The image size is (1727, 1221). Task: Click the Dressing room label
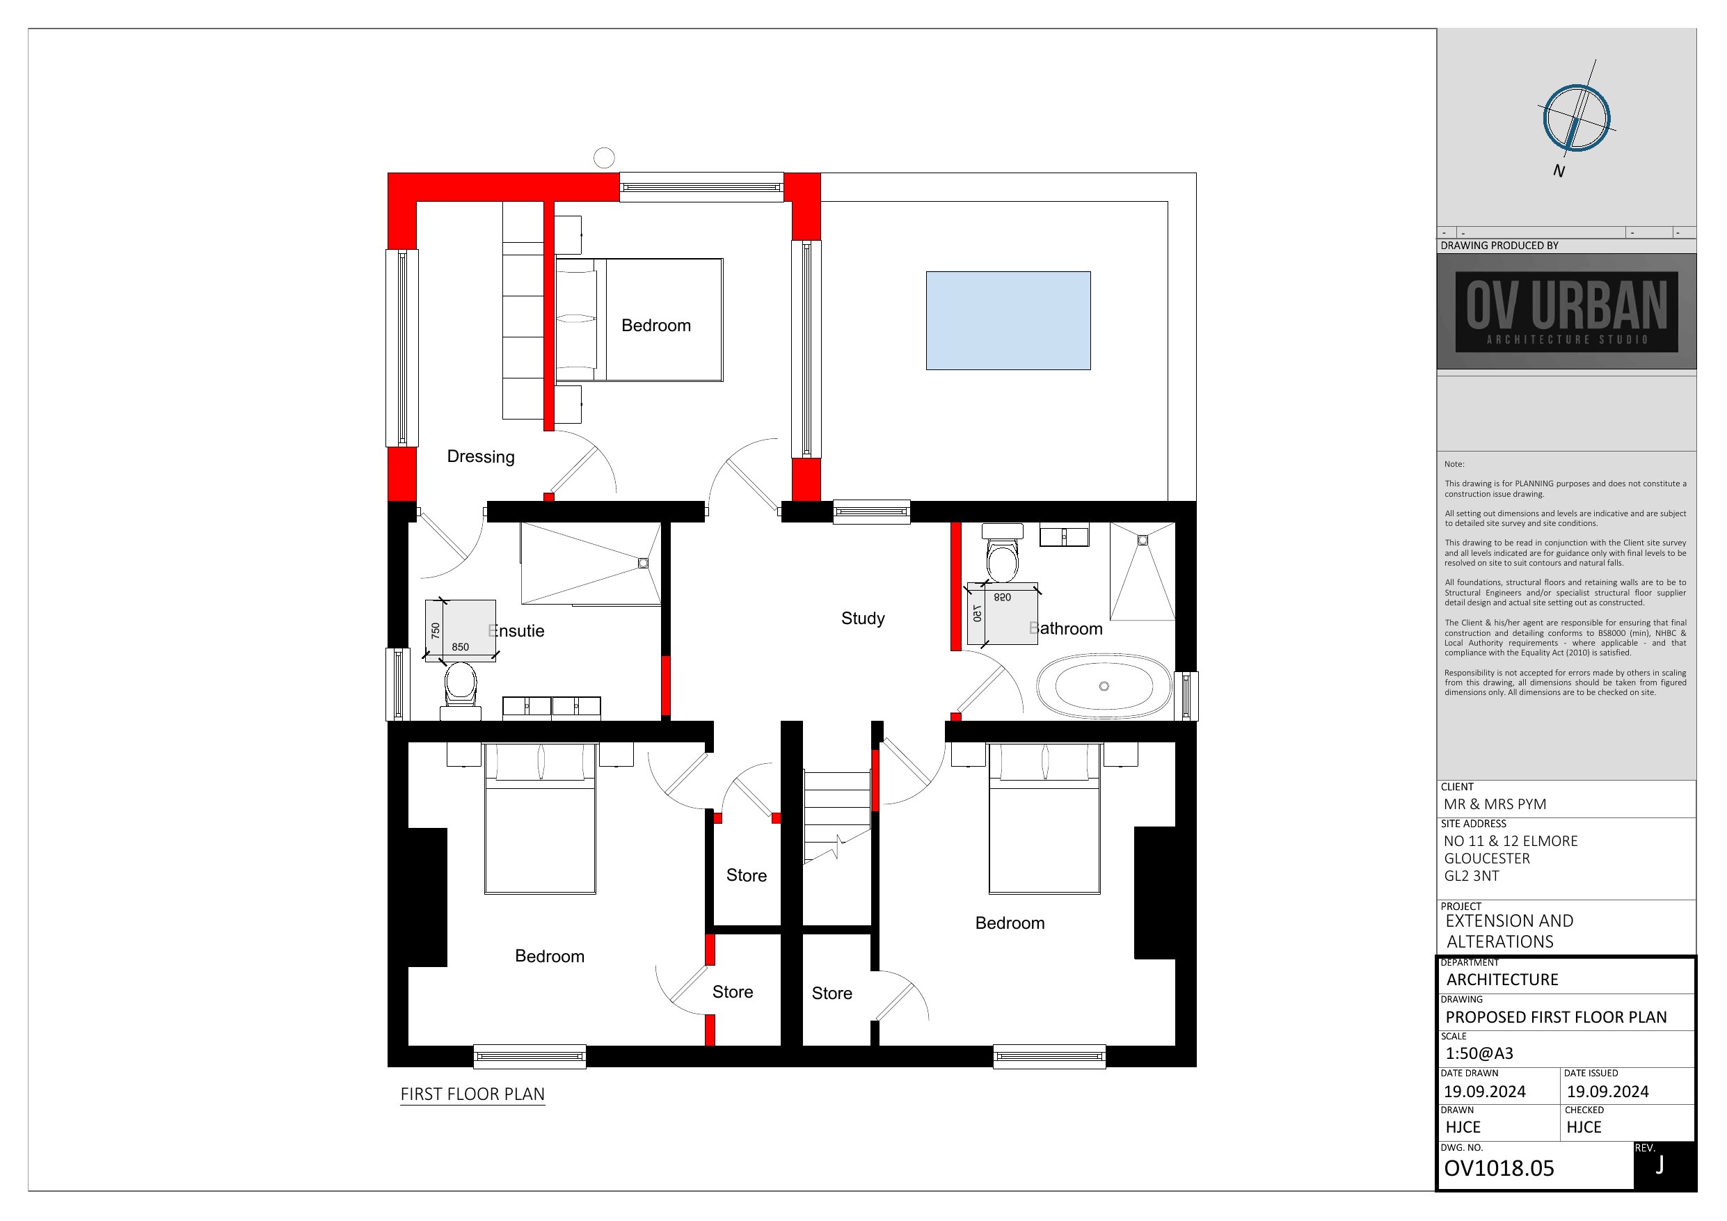point(481,456)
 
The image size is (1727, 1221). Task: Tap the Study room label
point(863,619)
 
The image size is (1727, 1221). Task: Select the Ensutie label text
point(516,631)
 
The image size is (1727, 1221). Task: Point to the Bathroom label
point(1065,629)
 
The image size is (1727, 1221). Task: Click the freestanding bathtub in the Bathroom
point(1104,686)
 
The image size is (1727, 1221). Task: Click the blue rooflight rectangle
point(1008,321)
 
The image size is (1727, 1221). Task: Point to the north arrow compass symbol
point(1576,118)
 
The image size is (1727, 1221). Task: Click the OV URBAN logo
point(1567,312)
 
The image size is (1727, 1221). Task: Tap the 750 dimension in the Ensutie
point(436,631)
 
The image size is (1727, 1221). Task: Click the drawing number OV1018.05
point(1499,1168)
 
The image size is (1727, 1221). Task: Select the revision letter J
point(1660,1165)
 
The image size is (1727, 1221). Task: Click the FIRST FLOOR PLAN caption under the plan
point(472,1094)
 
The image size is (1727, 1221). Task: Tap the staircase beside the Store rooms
point(837,816)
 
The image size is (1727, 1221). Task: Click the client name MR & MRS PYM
point(1495,804)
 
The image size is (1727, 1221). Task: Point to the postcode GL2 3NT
point(1471,876)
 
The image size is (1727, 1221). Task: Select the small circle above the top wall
point(604,158)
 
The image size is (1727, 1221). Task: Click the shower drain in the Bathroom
point(1143,540)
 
